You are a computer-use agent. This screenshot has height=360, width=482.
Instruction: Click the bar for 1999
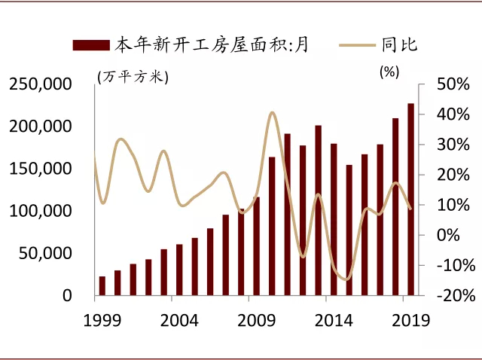(x=102, y=286)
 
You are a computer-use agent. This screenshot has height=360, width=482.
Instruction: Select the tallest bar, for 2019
(x=411, y=200)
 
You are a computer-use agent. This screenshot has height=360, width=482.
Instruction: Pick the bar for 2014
(x=334, y=219)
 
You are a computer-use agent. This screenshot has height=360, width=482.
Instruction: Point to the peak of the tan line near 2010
(x=273, y=113)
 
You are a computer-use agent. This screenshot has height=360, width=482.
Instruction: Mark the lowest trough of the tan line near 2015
(x=346, y=279)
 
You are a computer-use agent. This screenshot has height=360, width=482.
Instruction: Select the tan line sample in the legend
(x=358, y=45)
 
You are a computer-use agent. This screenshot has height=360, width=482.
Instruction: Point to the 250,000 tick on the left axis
(x=44, y=84)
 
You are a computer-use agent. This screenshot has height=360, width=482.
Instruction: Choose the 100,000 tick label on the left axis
(x=44, y=212)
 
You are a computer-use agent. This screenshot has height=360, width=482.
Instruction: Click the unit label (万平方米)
(x=133, y=75)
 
